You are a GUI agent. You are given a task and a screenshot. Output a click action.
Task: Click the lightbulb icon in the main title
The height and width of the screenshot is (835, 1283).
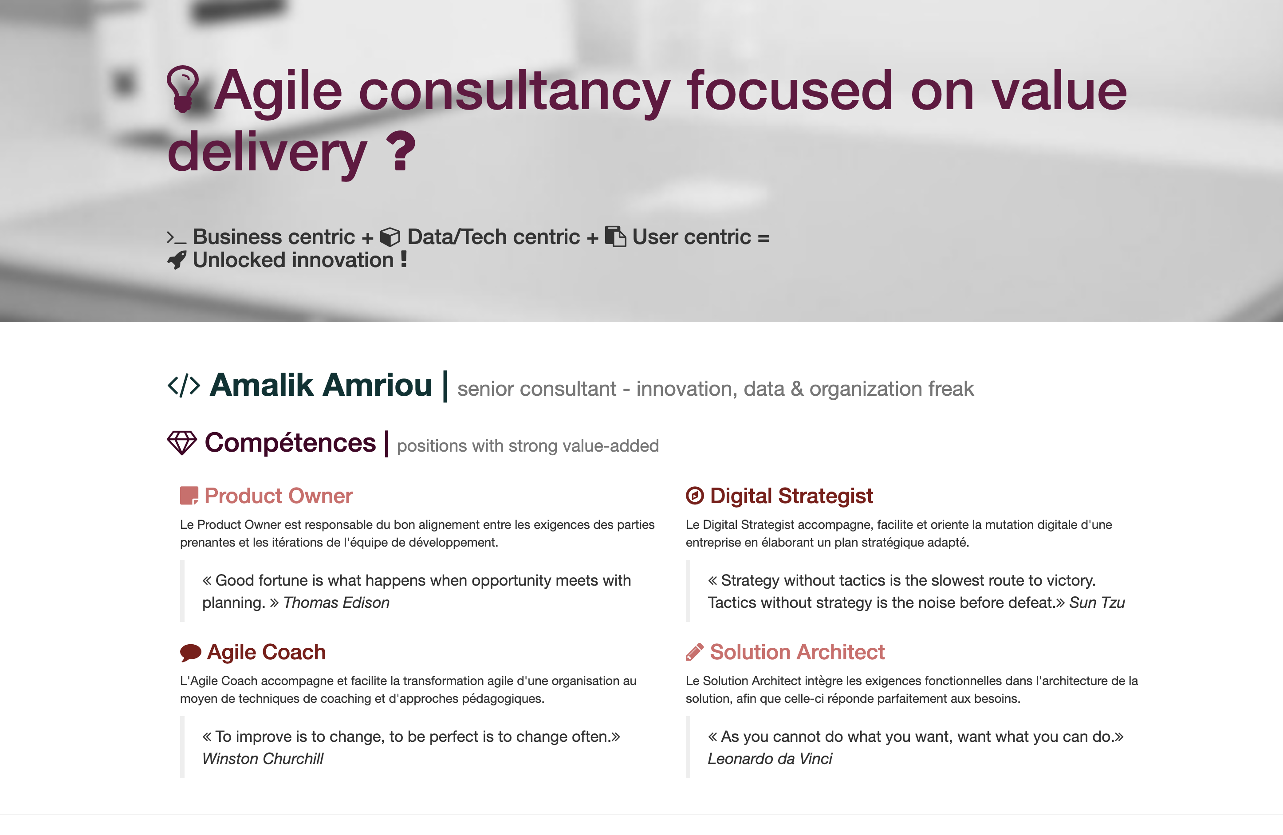pyautogui.click(x=183, y=89)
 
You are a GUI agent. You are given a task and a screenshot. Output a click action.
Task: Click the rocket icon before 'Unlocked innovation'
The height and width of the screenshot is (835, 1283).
pyautogui.click(x=177, y=260)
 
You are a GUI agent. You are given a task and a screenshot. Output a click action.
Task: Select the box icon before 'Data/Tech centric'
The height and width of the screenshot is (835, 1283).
pyautogui.click(x=390, y=236)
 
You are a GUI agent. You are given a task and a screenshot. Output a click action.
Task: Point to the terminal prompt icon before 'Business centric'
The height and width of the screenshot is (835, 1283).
pyautogui.click(x=176, y=237)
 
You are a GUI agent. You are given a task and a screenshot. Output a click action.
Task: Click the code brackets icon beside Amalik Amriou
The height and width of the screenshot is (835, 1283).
pyautogui.click(x=184, y=386)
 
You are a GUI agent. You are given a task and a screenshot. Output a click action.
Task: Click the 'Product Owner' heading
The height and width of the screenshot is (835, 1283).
pyautogui.click(x=279, y=496)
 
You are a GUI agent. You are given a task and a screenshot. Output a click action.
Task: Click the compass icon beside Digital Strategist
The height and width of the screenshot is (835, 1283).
pyautogui.click(x=695, y=496)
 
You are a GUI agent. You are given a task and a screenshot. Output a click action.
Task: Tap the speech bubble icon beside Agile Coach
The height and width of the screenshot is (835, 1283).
pyautogui.click(x=190, y=653)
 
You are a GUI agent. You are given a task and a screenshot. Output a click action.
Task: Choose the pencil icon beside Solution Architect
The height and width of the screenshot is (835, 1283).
pyautogui.click(x=694, y=652)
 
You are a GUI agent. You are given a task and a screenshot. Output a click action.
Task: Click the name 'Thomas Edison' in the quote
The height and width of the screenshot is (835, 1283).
pyautogui.click(x=336, y=603)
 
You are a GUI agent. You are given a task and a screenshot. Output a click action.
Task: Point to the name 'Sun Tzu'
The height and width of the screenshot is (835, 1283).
pyautogui.click(x=1097, y=603)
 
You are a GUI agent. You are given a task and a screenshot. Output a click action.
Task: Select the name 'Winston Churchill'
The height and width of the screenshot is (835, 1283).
pyautogui.click(x=263, y=759)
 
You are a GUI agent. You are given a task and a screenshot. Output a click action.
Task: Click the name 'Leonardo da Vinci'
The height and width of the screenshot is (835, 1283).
pyautogui.click(x=770, y=759)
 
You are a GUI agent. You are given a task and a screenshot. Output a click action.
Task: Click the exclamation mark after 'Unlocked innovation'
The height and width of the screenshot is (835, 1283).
pyautogui.click(x=404, y=259)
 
